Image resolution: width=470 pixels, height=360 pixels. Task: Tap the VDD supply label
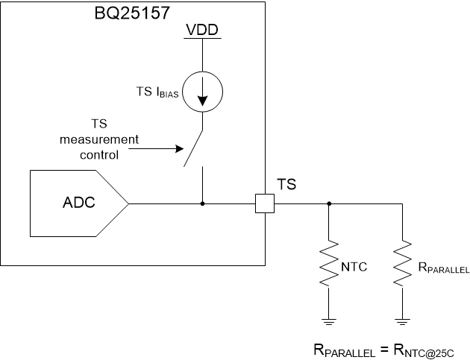coord(202,33)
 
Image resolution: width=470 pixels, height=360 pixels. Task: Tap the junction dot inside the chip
coord(203,203)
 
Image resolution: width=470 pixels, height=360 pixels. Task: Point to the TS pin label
coord(286,184)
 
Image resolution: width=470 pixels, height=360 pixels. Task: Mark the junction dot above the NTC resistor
coord(329,203)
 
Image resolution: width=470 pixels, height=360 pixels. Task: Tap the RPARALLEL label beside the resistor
coord(443,268)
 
